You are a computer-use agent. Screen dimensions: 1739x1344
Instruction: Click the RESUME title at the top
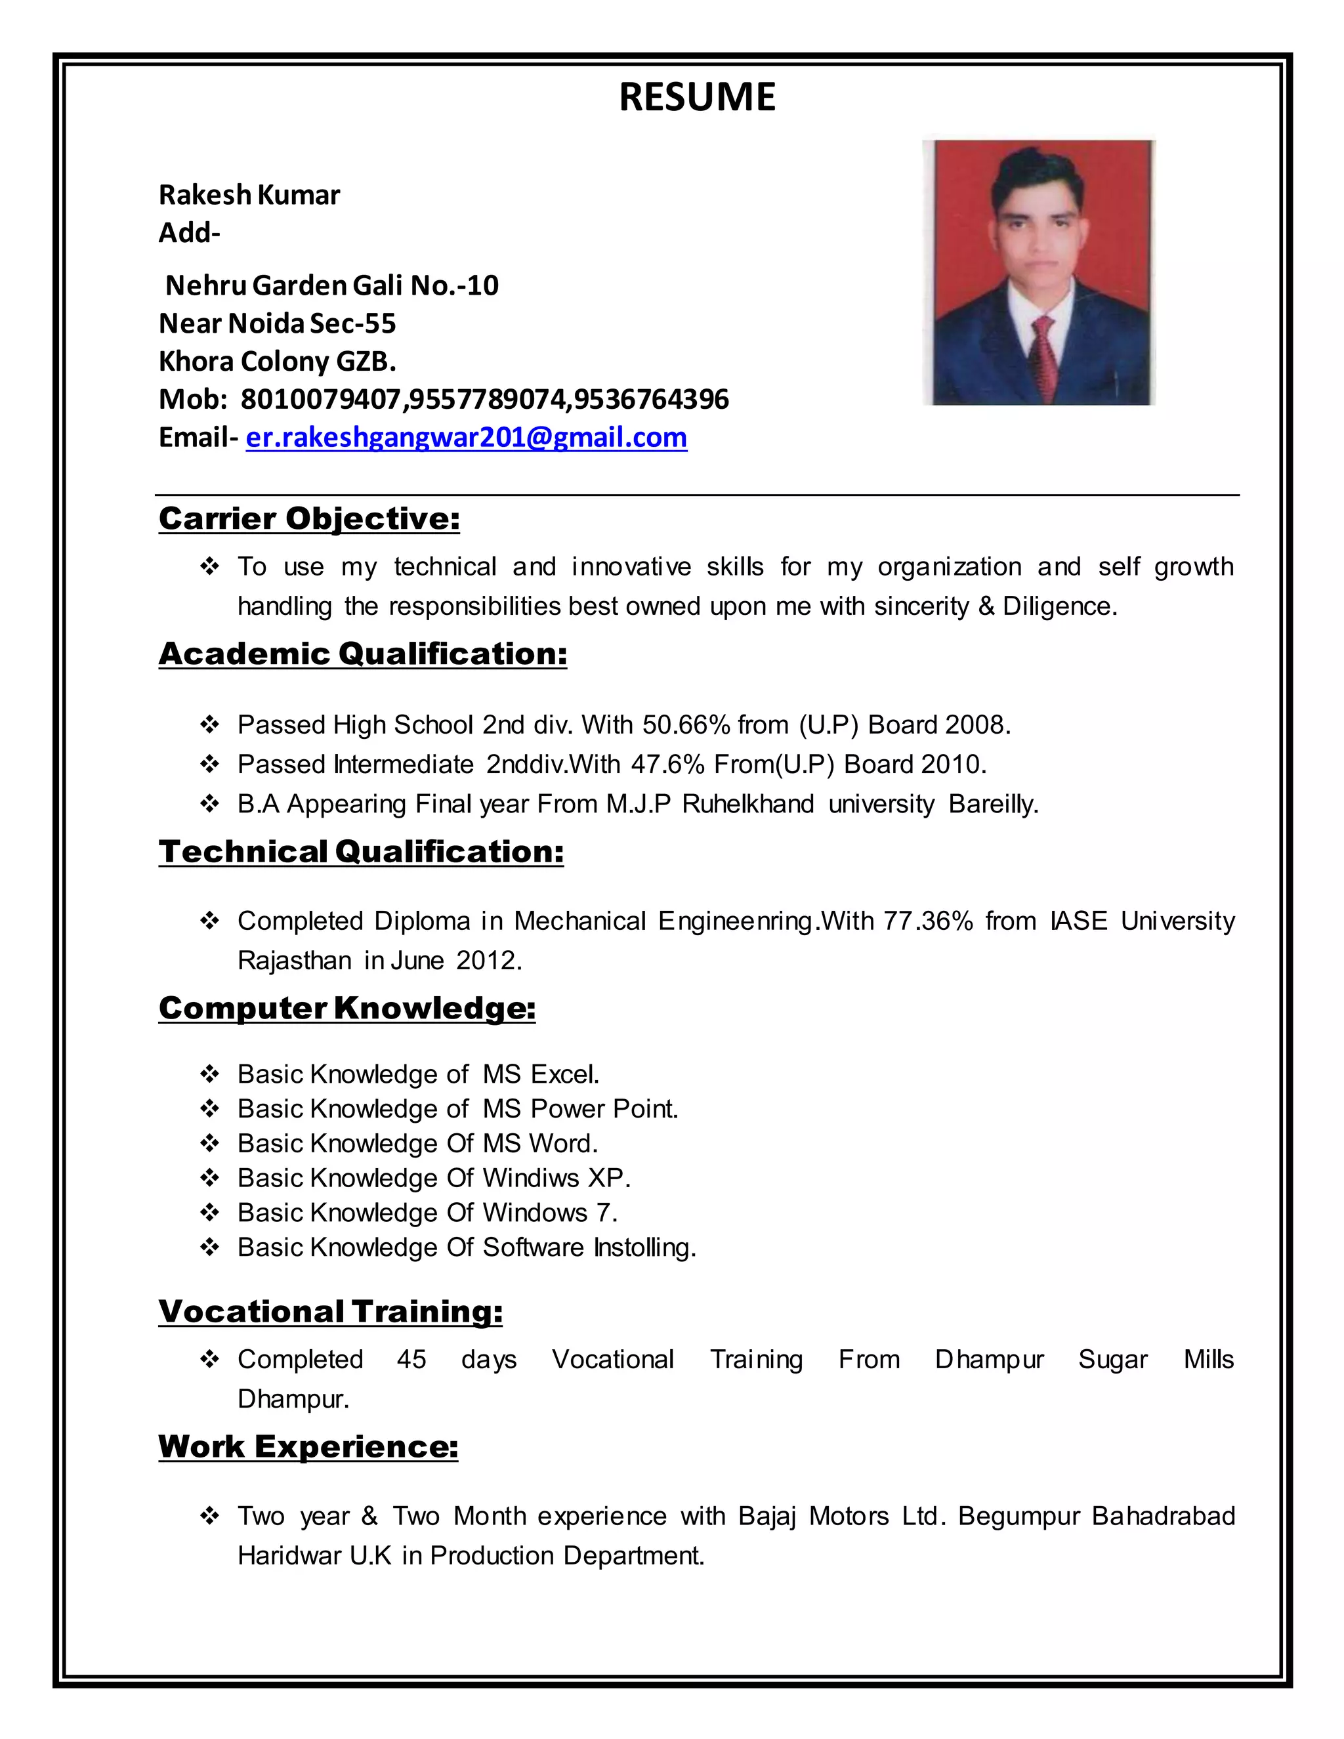pyautogui.click(x=697, y=97)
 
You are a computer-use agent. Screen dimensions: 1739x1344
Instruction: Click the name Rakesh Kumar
pyautogui.click(x=249, y=195)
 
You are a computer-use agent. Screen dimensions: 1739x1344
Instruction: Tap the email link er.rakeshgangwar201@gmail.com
pyautogui.click(x=466, y=438)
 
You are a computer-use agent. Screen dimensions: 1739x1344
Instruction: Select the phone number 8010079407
pyautogui.click(x=321, y=399)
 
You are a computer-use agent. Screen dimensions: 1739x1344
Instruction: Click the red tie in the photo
pyautogui.click(x=1045, y=350)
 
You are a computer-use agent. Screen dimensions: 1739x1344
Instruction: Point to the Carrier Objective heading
pyautogui.click(x=309, y=518)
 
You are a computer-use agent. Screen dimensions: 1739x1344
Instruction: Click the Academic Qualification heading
pyautogui.click(x=362, y=654)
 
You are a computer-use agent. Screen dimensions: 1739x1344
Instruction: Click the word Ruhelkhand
pyautogui.click(x=747, y=805)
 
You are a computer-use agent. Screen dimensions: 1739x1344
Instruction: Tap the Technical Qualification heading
pyautogui.click(x=361, y=852)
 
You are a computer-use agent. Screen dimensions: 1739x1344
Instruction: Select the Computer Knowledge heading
pyautogui.click(x=346, y=1008)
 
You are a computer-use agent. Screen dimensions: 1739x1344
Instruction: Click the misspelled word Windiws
pyautogui.click(x=531, y=1178)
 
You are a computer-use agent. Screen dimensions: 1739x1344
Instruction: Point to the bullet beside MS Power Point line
pyautogui.click(x=209, y=1109)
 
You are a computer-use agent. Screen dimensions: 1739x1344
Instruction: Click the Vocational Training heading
pyautogui.click(x=331, y=1311)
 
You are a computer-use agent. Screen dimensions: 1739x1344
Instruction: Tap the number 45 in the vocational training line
pyautogui.click(x=411, y=1359)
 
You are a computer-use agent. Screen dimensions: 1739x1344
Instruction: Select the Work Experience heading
pyautogui.click(x=308, y=1447)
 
